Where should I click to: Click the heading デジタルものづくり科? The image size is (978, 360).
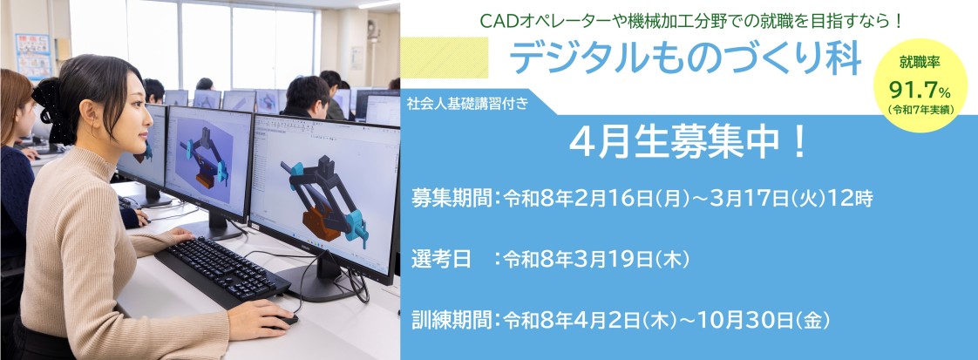pyautogui.click(x=685, y=58)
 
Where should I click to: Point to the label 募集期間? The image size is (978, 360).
pyautogui.click(x=451, y=199)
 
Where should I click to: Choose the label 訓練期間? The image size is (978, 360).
pyautogui.click(x=451, y=320)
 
